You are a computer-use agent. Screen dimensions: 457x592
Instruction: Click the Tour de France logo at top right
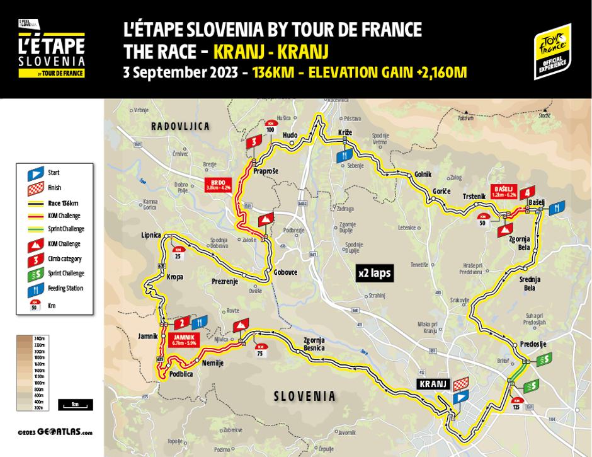(x=552, y=51)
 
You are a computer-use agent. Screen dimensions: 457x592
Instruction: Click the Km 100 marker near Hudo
(x=271, y=126)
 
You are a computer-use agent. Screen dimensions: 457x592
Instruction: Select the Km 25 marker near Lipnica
(x=177, y=254)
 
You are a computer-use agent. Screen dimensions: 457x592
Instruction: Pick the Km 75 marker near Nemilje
(x=259, y=351)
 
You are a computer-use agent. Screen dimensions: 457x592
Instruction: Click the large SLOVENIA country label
(x=305, y=396)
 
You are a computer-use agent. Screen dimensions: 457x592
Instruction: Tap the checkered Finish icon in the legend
(x=37, y=187)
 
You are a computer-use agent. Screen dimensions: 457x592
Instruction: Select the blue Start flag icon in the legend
(x=37, y=172)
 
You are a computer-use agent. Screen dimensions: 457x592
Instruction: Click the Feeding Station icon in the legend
(x=37, y=288)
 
